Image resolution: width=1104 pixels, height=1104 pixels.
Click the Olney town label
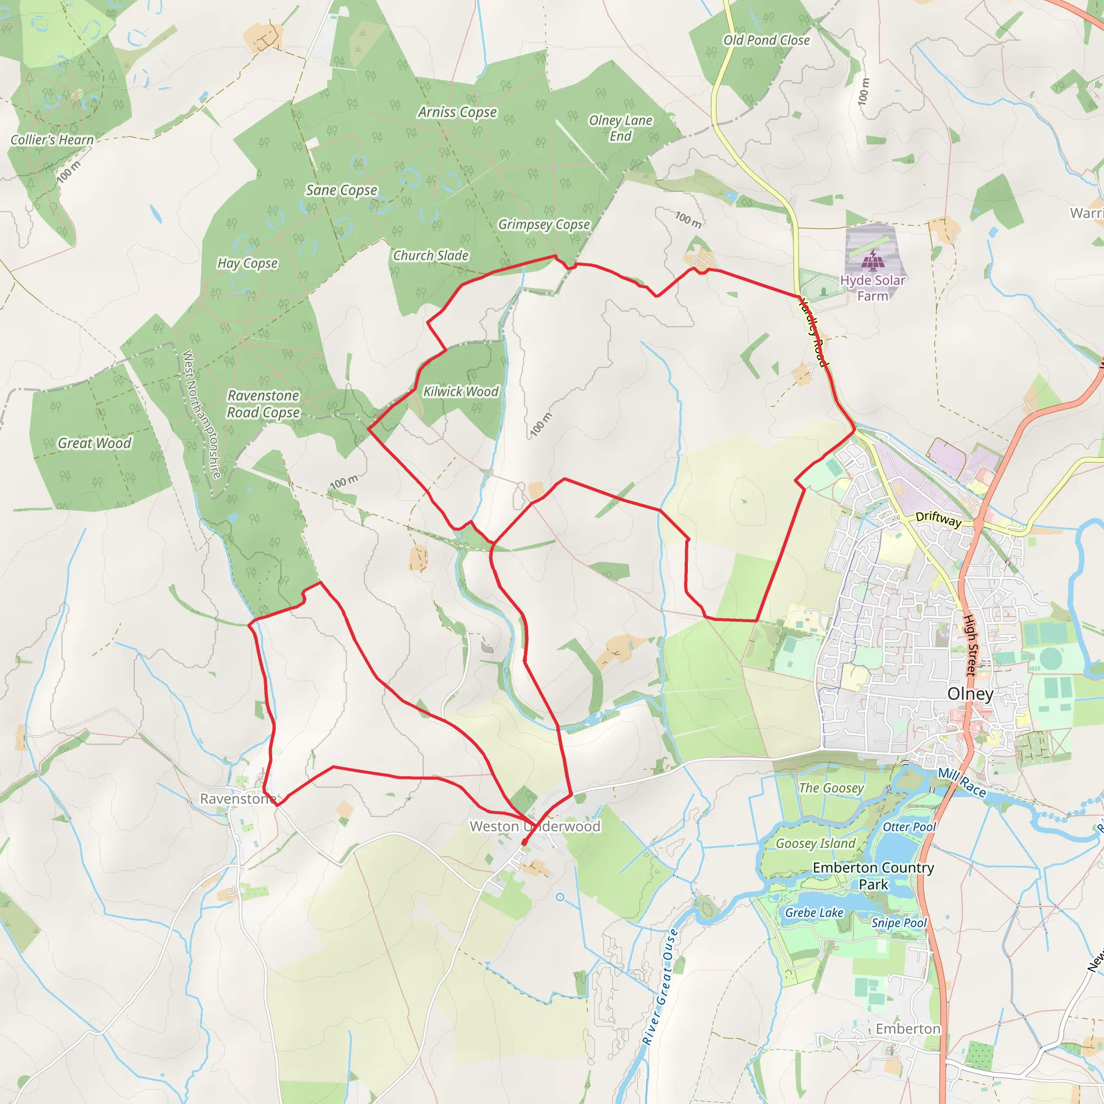(x=970, y=694)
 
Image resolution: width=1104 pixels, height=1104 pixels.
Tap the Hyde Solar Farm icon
(x=872, y=260)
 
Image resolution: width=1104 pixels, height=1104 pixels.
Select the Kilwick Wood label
(x=460, y=391)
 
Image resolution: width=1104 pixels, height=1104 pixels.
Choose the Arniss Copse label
(x=457, y=112)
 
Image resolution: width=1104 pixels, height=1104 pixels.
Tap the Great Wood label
(x=94, y=443)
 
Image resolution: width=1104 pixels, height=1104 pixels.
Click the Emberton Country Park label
(x=873, y=876)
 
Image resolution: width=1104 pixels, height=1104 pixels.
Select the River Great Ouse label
(x=660, y=987)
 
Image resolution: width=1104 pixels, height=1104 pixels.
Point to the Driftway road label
(x=939, y=519)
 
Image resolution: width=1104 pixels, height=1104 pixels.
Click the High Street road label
(x=970, y=645)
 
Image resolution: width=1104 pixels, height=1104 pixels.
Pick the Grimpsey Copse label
(x=543, y=224)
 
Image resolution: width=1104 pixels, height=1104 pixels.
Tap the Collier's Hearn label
(x=52, y=140)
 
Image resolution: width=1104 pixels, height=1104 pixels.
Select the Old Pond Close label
(x=767, y=40)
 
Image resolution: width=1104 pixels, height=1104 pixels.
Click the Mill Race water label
(x=962, y=782)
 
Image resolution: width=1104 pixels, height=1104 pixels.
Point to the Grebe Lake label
(x=813, y=913)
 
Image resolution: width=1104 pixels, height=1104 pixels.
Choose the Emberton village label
(x=907, y=1029)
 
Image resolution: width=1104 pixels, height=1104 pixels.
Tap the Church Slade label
(x=430, y=256)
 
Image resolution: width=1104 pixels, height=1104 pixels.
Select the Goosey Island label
(x=816, y=844)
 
